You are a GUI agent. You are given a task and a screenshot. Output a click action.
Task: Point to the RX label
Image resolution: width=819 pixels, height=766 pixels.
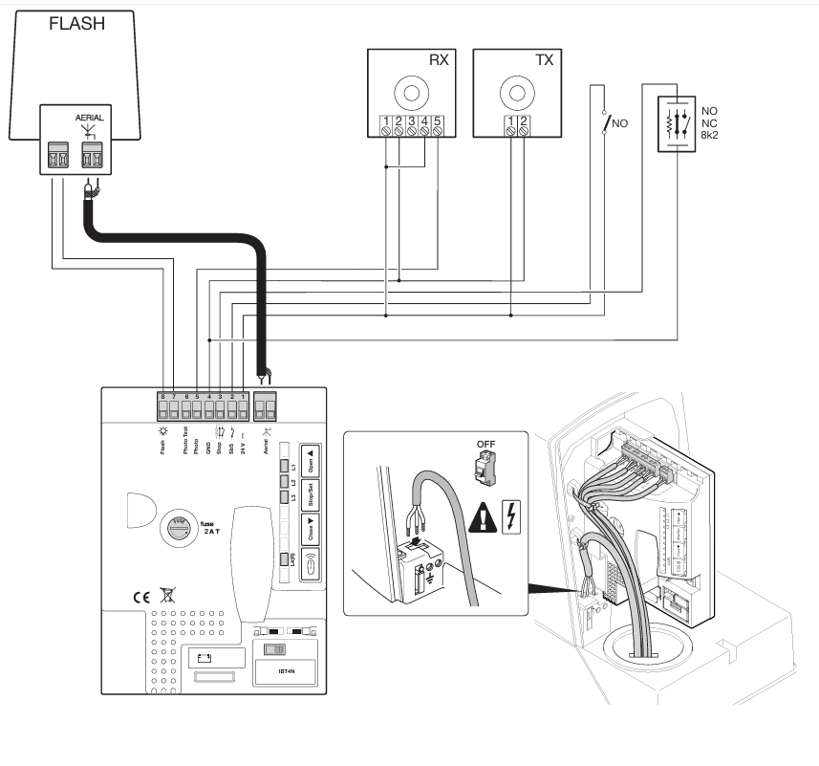[x=438, y=59]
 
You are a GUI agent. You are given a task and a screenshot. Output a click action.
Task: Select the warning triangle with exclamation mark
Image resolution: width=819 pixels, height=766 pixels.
[x=485, y=518]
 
